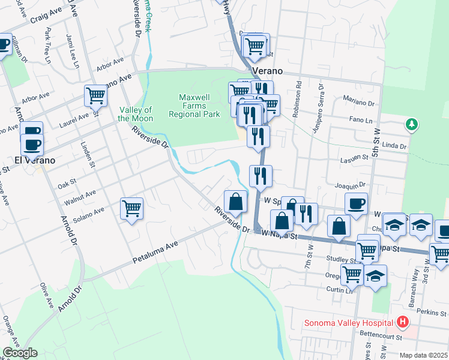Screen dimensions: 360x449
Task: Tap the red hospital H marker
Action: coord(403,322)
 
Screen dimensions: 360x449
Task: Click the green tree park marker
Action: coord(412,125)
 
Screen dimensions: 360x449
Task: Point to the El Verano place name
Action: coord(35,160)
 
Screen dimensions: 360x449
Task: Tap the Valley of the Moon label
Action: coord(136,113)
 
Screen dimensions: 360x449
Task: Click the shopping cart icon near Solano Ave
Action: coord(131,209)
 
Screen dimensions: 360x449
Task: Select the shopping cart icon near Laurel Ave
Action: coord(95,95)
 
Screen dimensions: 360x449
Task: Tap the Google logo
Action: coord(20,353)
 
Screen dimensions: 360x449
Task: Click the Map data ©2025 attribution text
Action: coord(423,355)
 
